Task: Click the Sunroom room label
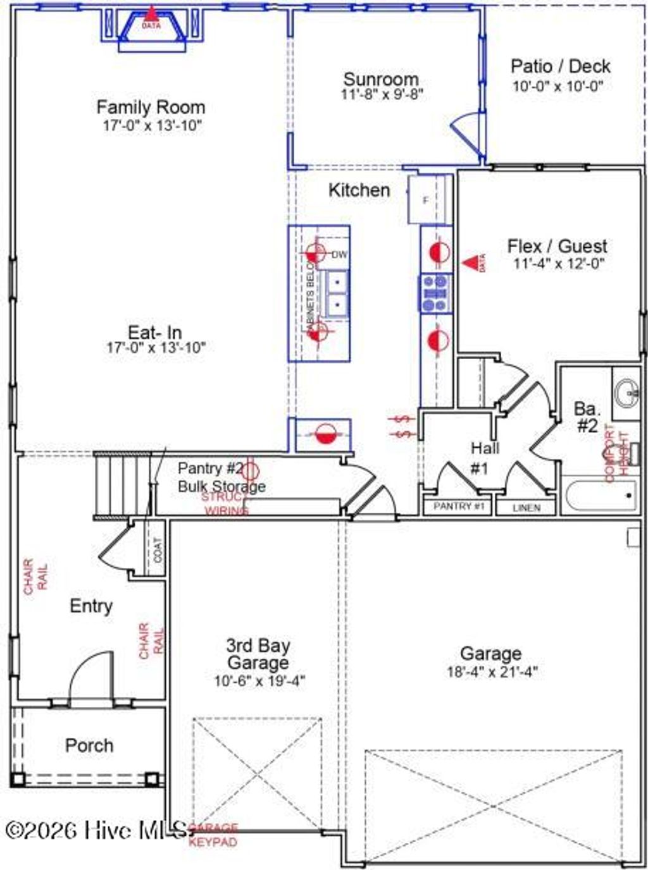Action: tap(380, 79)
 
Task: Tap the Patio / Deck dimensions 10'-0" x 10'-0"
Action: tap(558, 86)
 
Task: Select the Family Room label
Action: tap(151, 107)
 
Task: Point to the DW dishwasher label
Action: tap(340, 255)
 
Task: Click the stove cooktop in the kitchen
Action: tap(435, 293)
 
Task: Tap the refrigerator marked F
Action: tap(426, 200)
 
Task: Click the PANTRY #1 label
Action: tap(458, 506)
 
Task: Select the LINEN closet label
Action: tap(526, 507)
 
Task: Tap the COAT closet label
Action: tap(158, 549)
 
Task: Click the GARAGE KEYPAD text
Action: tap(213, 835)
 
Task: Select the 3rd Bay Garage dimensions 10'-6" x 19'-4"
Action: tap(259, 681)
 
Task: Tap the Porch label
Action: tap(89, 745)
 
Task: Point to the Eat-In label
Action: tap(155, 332)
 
